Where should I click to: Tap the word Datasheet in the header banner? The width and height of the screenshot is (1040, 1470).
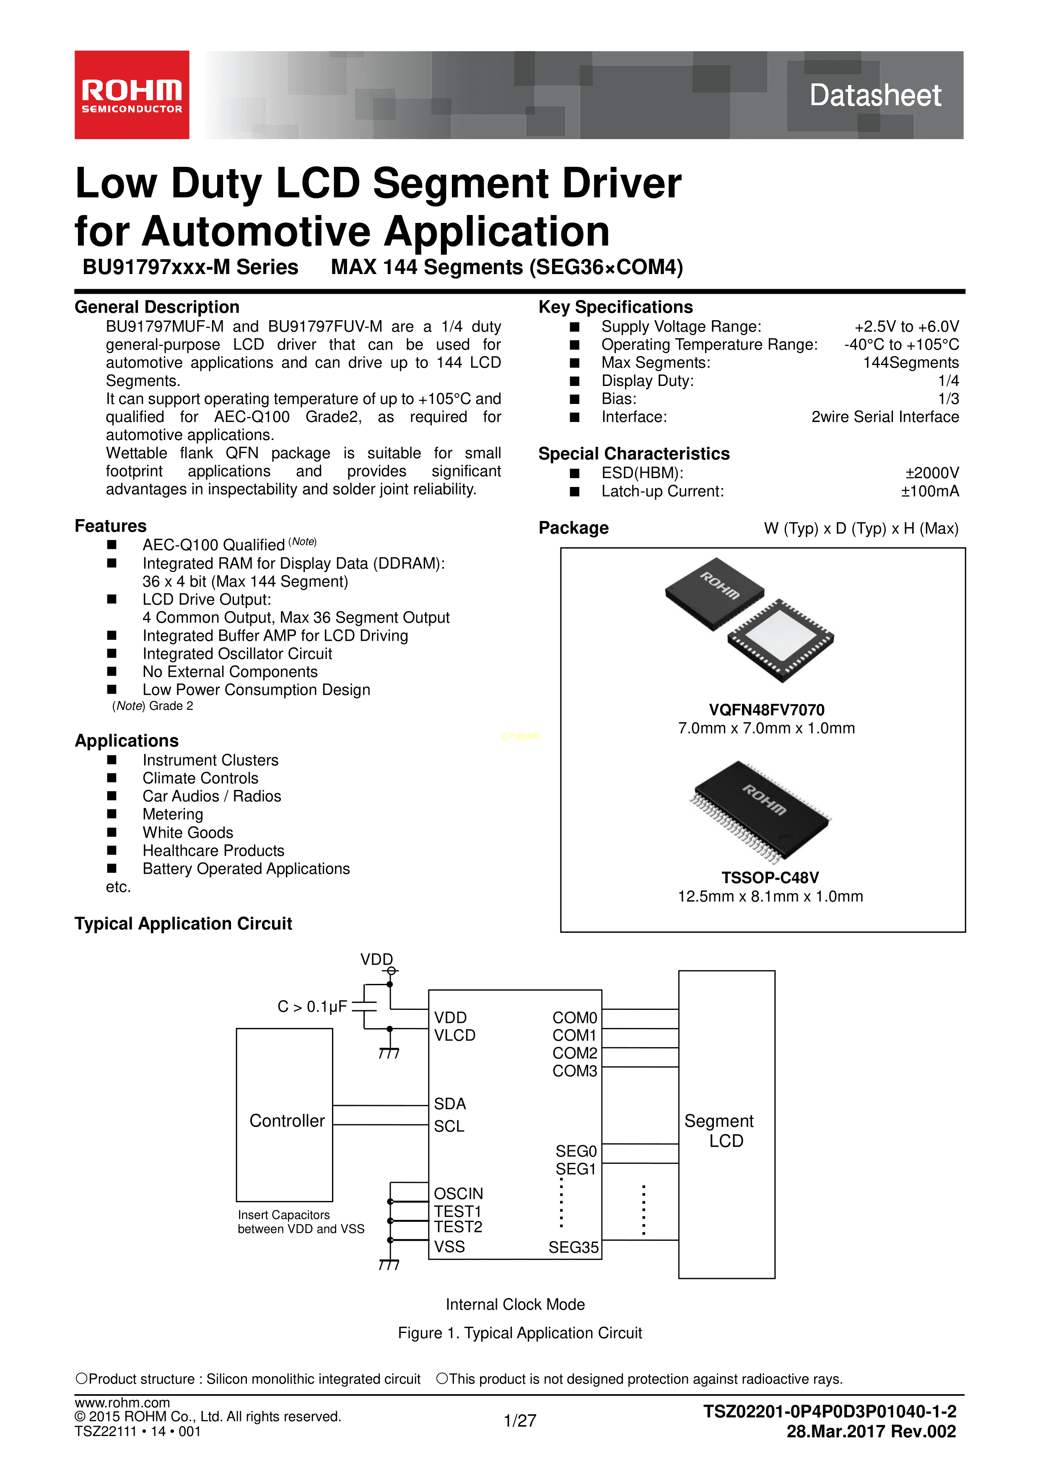click(875, 96)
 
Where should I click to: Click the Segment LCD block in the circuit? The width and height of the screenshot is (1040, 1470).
click(726, 1124)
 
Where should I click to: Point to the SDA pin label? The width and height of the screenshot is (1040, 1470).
click(449, 1104)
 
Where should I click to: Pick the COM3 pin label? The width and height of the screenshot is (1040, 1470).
click(574, 1071)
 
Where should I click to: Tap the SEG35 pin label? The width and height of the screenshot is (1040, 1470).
click(573, 1247)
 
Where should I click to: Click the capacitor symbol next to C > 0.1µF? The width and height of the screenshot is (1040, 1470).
click(364, 1007)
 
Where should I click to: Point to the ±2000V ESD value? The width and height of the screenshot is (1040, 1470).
click(932, 473)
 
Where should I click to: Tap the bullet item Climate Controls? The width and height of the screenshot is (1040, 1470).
click(200, 778)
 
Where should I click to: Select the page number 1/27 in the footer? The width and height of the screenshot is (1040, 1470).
click(519, 1421)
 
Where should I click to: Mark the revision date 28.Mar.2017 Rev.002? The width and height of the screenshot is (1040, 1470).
click(871, 1431)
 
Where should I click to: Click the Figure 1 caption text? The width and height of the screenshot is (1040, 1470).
click(519, 1333)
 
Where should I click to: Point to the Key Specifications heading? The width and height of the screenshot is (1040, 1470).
click(615, 307)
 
